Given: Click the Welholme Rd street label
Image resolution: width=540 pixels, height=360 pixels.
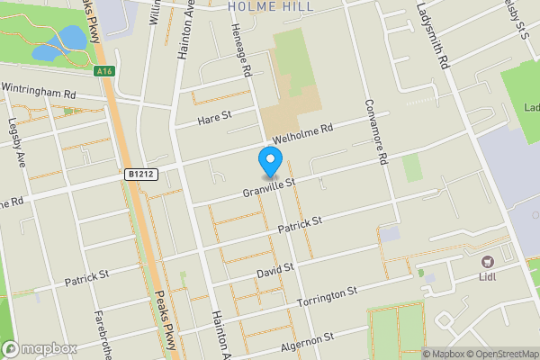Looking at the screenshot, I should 303,134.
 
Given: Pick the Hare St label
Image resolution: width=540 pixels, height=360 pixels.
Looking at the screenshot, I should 214,117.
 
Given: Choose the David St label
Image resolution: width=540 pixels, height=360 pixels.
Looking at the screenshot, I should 276,269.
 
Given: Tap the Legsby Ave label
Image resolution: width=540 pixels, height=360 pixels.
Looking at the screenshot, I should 17,144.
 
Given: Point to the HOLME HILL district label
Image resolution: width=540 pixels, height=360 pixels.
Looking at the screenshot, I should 270,6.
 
